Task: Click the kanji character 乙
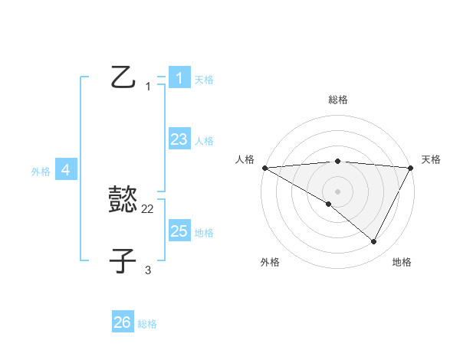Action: point(123,77)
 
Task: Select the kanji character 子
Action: point(123,260)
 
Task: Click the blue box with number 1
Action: point(179,77)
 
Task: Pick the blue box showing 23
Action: point(179,139)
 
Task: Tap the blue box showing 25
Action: point(179,231)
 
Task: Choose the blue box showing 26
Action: point(123,322)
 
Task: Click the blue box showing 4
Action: point(66,170)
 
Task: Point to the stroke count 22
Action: point(148,209)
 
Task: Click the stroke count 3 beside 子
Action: point(148,270)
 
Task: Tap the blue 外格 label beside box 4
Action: point(41,172)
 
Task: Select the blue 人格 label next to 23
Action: point(204,141)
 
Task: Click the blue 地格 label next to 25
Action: point(204,233)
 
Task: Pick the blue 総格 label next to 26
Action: point(147,324)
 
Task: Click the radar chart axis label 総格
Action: point(337,100)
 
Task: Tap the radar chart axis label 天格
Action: point(431,159)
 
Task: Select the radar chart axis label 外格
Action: point(270,262)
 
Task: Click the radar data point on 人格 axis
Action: point(264,168)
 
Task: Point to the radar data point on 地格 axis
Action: point(374,242)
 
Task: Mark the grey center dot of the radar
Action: point(337,191)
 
